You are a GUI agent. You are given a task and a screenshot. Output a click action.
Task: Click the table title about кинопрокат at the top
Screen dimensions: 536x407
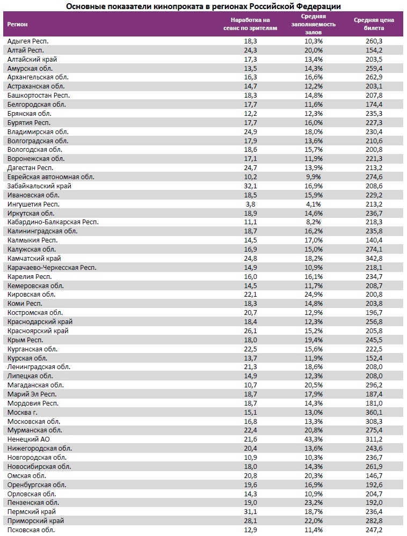point(203,6)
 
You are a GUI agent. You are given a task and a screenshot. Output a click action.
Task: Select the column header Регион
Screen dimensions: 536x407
point(18,25)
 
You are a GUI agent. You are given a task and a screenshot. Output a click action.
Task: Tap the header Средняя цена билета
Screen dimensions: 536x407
point(374,24)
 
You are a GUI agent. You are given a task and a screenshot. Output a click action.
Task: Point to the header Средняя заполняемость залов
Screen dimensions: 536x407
point(313,24)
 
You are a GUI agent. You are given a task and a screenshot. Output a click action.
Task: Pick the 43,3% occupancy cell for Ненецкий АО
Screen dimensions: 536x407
point(313,439)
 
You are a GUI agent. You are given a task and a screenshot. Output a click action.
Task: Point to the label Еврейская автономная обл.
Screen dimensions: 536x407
point(51,177)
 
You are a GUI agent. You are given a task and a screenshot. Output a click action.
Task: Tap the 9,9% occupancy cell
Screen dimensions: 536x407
point(313,177)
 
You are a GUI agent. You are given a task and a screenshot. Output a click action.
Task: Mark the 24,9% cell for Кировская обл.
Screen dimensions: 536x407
point(313,295)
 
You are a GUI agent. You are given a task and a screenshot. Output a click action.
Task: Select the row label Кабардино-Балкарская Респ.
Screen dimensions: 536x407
point(53,222)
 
